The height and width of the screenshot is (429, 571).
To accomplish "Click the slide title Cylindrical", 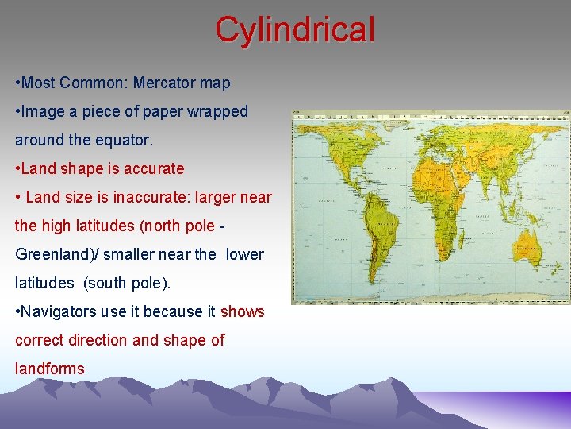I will pyautogui.click(x=294, y=30).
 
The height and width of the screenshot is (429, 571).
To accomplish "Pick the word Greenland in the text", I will pyautogui.click(x=50, y=254).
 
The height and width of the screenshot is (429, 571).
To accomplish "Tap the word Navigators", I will pyautogui.click(x=60, y=311).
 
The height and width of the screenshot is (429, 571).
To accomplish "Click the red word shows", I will pyautogui.click(x=242, y=311).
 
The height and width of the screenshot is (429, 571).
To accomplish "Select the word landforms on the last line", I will pyautogui.click(x=49, y=369).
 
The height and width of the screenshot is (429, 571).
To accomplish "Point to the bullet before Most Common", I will pyautogui.click(x=17, y=83).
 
